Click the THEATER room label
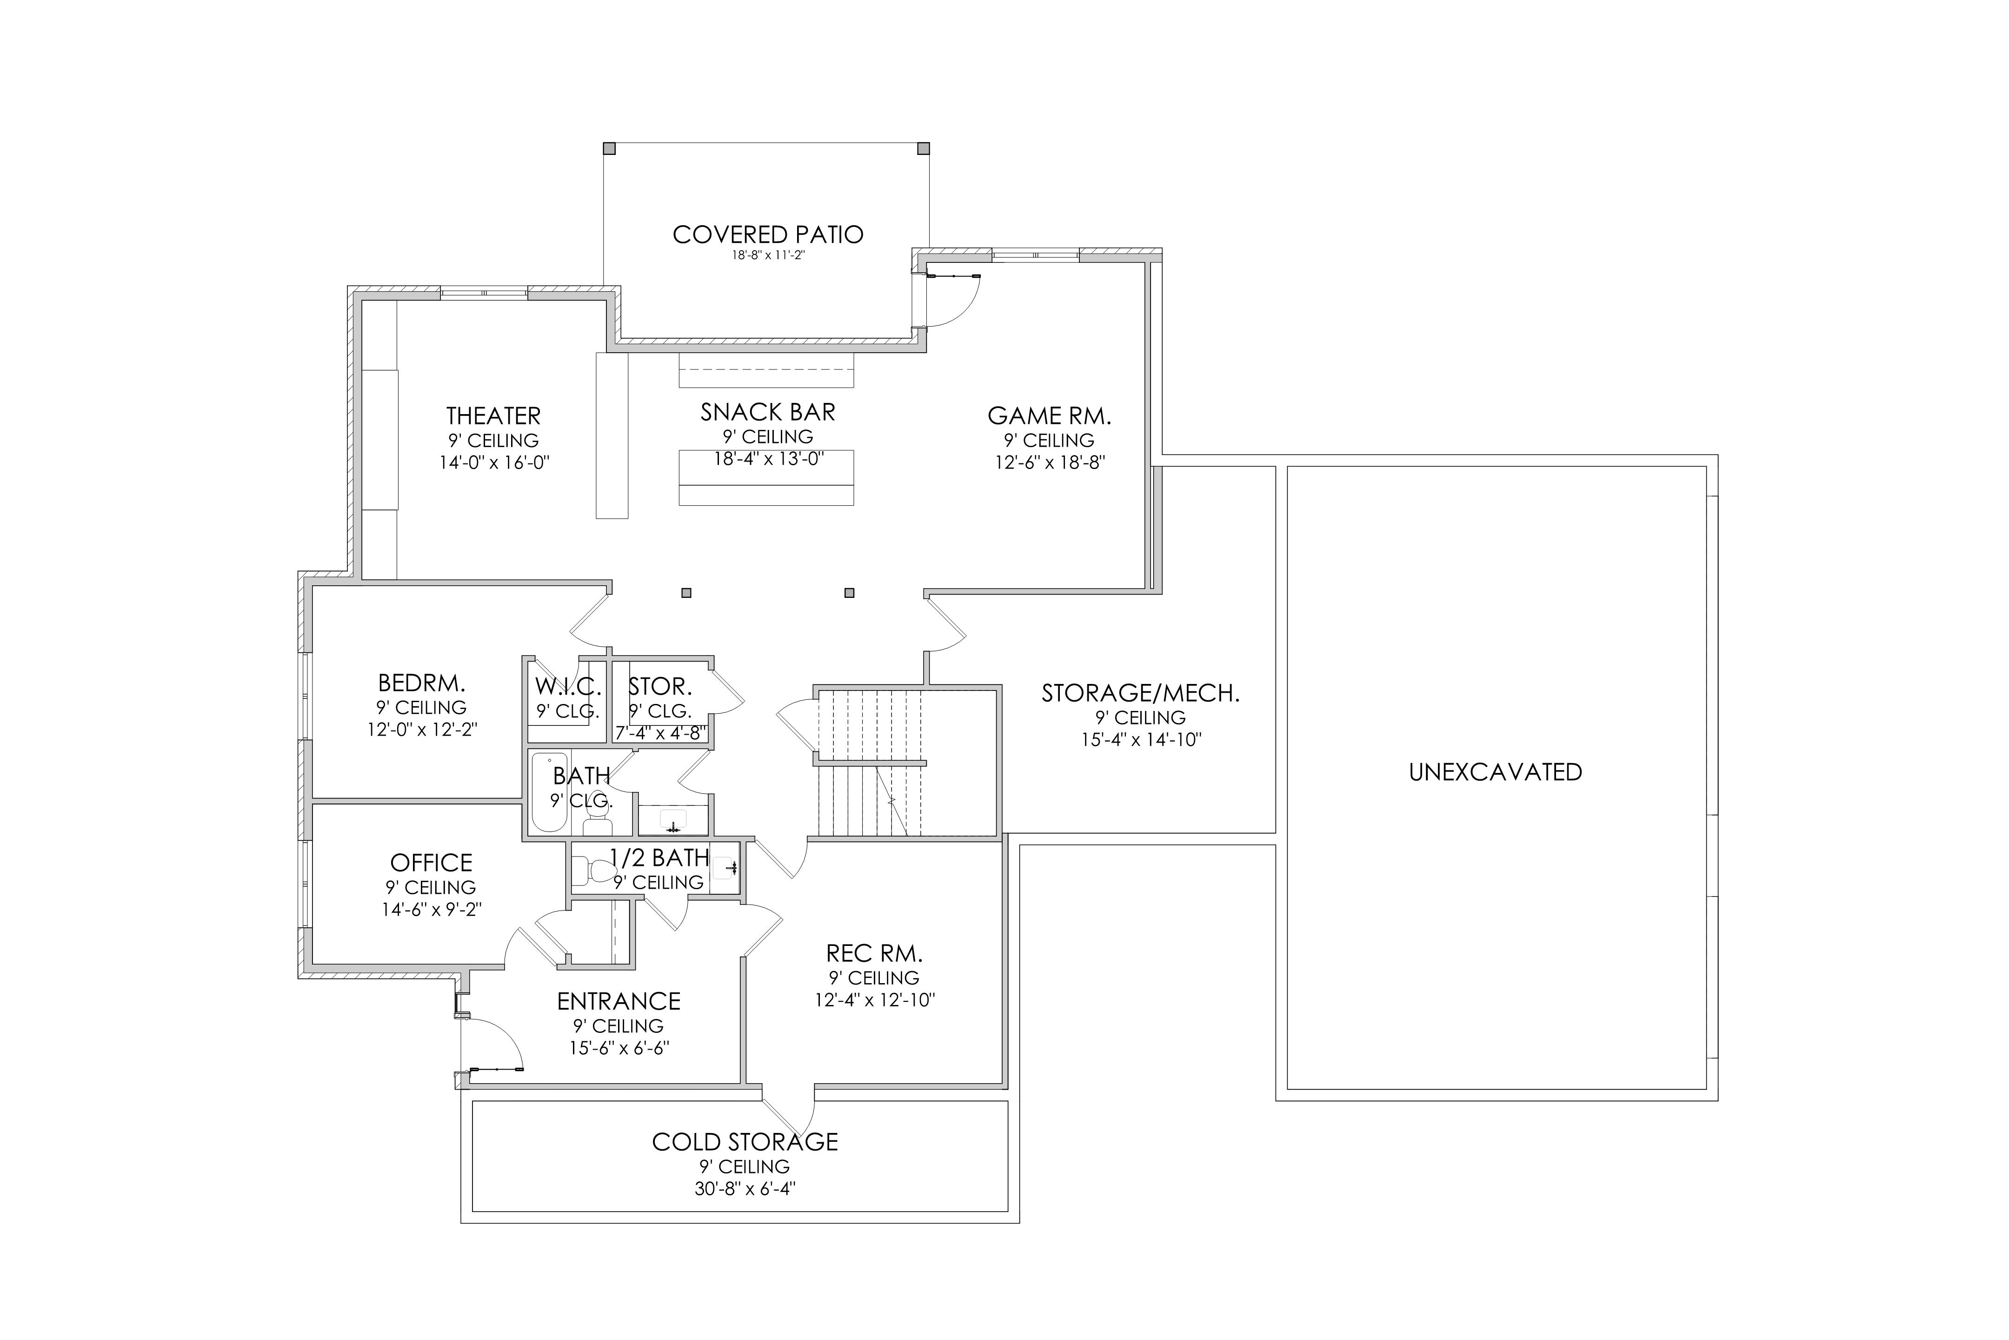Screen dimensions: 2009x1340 pyautogui.click(x=494, y=416)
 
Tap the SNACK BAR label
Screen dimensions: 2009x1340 pyautogui.click(x=768, y=412)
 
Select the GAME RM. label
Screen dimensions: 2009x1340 pyautogui.click(x=1050, y=416)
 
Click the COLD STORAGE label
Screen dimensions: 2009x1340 pyautogui.click(x=745, y=1142)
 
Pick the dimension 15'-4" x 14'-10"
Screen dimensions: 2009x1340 pyautogui.click(x=1141, y=739)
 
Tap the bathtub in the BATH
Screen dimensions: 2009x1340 pyautogui.click(x=549, y=792)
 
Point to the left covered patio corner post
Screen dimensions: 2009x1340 pyautogui.click(x=609, y=149)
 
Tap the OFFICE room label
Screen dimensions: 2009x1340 pyautogui.click(x=432, y=863)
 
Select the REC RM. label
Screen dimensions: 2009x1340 pyautogui.click(x=875, y=954)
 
